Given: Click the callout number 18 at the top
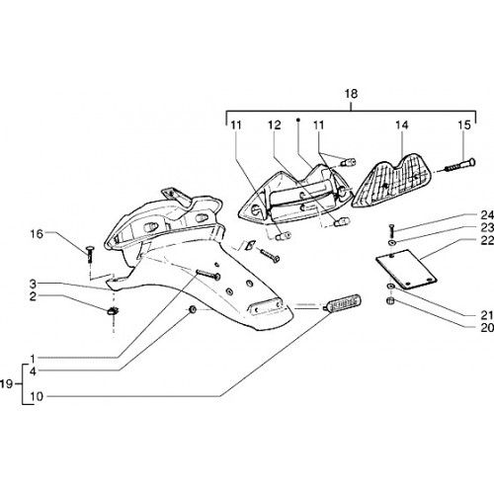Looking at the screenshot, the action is (351, 94).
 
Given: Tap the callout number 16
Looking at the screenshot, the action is (37, 234).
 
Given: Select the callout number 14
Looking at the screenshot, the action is (402, 124).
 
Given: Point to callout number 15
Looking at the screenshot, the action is (464, 124).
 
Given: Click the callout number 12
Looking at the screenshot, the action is (274, 124).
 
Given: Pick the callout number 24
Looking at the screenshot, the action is (487, 215).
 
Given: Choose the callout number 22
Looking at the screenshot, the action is (487, 241).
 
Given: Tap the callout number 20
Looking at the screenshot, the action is (487, 328).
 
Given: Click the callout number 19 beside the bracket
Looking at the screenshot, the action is (6, 383).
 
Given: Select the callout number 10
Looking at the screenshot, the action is (37, 396).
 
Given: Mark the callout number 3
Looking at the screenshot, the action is (33, 284).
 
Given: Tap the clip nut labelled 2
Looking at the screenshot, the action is (114, 310).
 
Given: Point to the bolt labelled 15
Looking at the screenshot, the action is (460, 165).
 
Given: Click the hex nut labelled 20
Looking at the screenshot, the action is (390, 300).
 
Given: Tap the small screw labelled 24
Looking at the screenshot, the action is (391, 231).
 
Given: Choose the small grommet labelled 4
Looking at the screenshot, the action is (192, 309).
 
